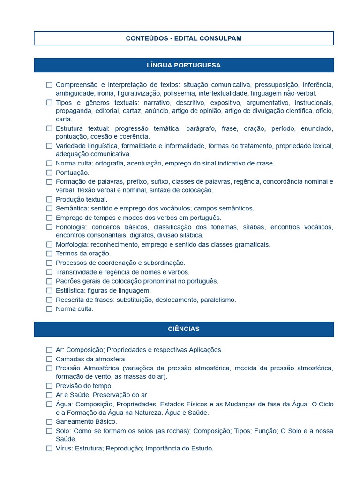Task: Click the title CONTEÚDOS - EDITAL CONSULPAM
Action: click(184, 38)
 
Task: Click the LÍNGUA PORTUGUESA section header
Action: click(184, 65)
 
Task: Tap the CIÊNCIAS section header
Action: click(184, 329)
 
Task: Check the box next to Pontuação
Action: click(49, 172)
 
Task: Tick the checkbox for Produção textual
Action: click(49, 199)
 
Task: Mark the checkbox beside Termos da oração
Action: click(49, 254)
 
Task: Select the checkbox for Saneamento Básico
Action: click(49, 422)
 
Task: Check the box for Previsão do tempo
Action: click(49, 386)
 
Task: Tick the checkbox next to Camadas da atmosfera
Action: click(49, 359)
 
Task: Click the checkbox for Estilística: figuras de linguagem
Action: click(49, 291)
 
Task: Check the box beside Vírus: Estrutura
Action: click(49, 449)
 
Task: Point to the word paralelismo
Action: click(218, 300)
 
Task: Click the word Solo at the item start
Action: click(62, 431)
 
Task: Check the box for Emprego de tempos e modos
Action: click(49, 218)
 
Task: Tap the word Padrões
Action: click(68, 281)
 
